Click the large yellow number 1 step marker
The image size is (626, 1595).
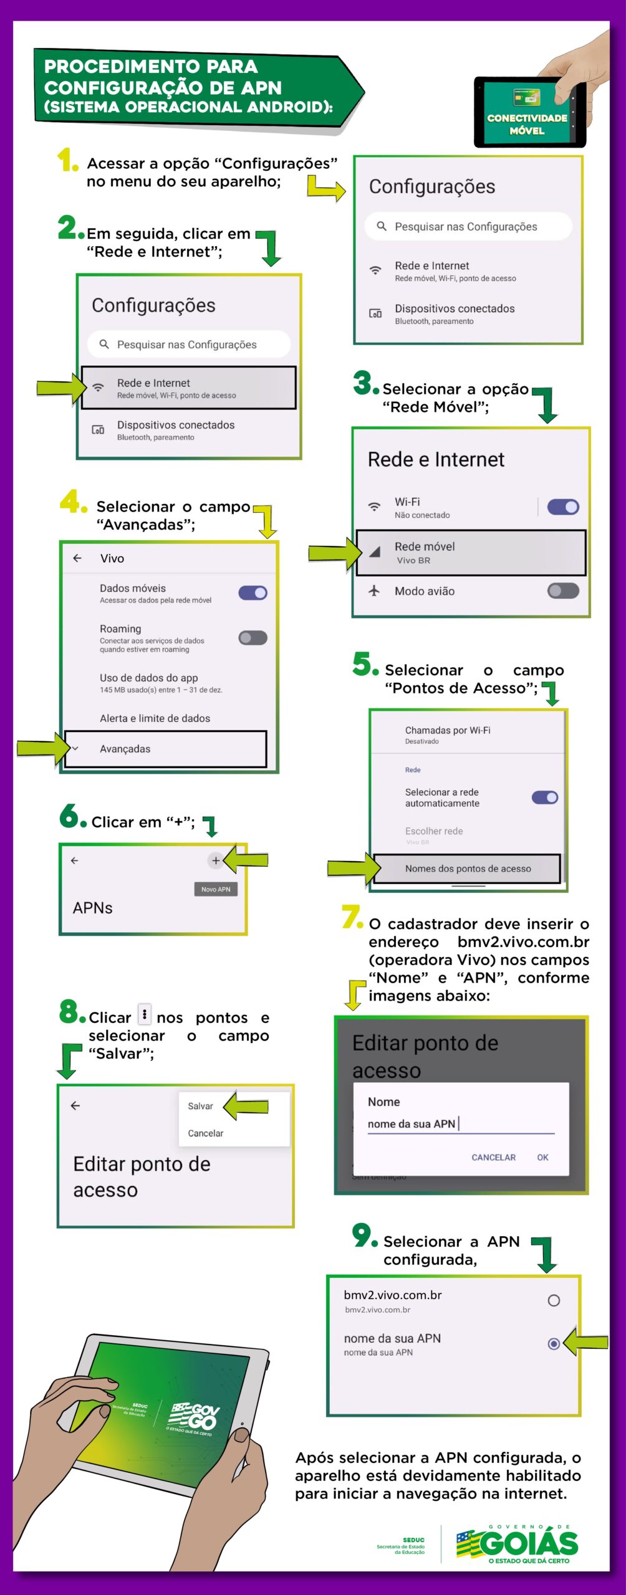(66, 160)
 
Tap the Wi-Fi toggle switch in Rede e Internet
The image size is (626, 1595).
(562, 507)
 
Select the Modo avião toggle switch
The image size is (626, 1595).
(562, 591)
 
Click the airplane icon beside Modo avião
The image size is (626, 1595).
(374, 591)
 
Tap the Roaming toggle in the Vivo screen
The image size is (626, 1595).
(253, 637)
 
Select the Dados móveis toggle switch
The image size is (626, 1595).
(253, 593)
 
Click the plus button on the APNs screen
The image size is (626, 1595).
(215, 860)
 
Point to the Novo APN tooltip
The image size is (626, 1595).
(216, 889)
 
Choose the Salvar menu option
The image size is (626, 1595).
(200, 1106)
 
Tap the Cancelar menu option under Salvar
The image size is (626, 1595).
(205, 1133)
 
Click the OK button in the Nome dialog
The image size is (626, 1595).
(542, 1157)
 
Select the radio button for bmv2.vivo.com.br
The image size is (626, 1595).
(553, 1300)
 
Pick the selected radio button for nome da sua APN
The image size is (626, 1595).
(553, 1344)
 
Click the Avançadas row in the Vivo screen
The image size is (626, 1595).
(165, 748)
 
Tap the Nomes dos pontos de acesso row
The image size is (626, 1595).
(468, 869)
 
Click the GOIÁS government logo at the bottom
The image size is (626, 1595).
(518, 1545)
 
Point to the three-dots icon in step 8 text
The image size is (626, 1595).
(144, 1014)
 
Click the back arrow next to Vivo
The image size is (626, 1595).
(77, 558)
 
